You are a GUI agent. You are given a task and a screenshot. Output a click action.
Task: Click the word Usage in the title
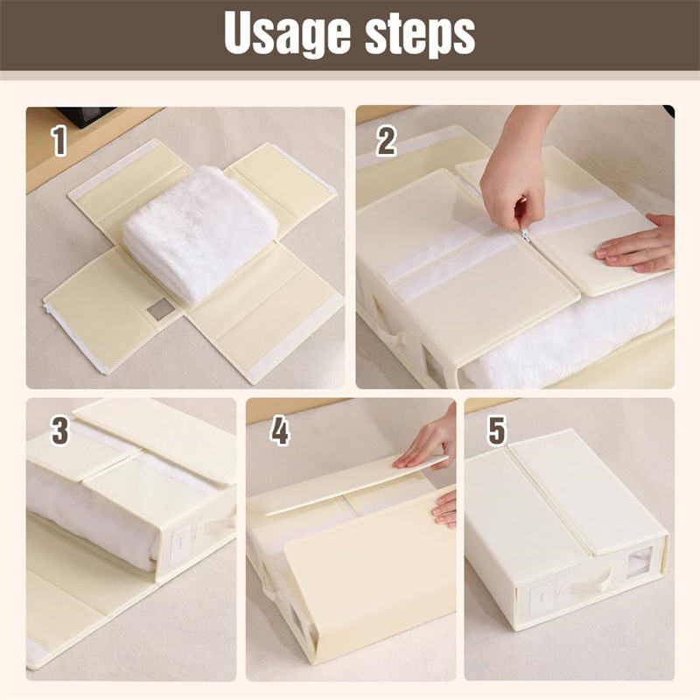tap(287, 33)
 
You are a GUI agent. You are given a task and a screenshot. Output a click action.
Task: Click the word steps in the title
tap(420, 33)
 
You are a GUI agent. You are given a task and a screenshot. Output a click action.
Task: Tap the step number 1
tap(59, 140)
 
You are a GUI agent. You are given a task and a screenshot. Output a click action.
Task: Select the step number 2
tap(386, 140)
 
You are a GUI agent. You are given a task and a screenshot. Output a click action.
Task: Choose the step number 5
tap(496, 430)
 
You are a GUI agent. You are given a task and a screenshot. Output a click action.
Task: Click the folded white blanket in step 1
tap(199, 232)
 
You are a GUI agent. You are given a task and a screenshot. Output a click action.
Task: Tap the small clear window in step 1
tap(160, 309)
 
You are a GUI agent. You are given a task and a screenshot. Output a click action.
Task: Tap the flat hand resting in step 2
tap(635, 243)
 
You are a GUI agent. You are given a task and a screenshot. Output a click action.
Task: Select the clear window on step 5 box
tap(640, 563)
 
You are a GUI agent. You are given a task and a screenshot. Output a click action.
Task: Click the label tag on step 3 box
tap(181, 545)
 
